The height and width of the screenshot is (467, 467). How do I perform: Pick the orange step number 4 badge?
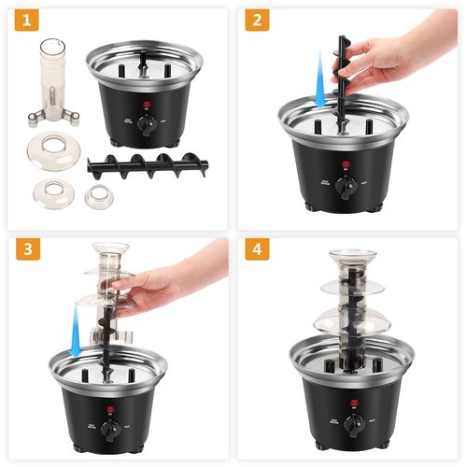point(259,251)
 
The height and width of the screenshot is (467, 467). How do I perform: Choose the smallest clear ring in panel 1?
point(97,197)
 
